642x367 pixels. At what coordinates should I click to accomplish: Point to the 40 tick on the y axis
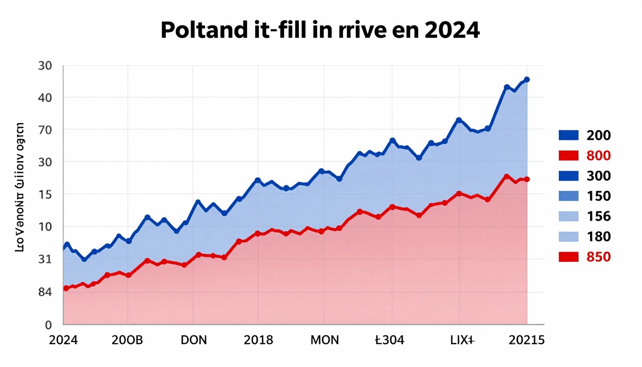(44, 97)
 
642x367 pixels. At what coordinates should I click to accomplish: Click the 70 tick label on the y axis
(44, 130)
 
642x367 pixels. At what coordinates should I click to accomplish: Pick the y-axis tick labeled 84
(44, 292)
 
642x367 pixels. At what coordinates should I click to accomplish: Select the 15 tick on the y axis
(44, 194)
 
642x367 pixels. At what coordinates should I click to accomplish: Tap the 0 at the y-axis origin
(48, 325)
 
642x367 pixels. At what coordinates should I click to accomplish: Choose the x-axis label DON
(194, 340)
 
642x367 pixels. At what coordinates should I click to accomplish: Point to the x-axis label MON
(324, 340)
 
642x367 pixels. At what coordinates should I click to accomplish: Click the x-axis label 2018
(258, 340)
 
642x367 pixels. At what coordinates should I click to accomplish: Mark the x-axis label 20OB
(127, 340)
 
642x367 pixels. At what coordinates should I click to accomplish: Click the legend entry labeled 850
(598, 257)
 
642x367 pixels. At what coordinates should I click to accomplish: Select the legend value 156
(598, 216)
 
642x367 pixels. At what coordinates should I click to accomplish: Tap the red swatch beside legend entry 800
(568, 156)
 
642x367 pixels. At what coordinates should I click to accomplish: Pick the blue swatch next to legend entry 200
(568, 135)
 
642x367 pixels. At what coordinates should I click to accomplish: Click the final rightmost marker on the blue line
(527, 79)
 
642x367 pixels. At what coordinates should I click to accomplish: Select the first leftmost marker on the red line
(66, 289)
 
